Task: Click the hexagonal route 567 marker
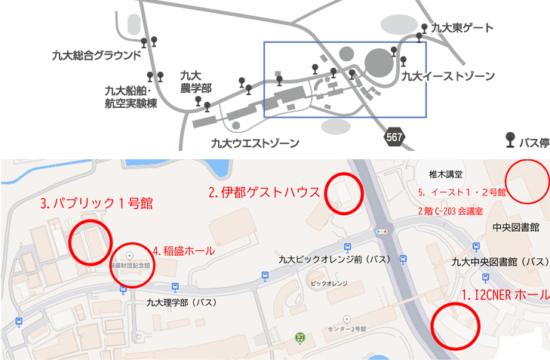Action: coord(394,137)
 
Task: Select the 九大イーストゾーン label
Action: coord(448,76)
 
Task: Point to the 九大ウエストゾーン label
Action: coord(255,143)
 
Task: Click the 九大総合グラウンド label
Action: coord(97,55)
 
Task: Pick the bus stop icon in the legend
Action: coord(510,140)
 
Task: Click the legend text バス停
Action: coord(533,141)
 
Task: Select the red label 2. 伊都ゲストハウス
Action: coord(265,192)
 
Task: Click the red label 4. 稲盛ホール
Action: coord(184,251)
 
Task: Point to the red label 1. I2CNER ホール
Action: coord(505,295)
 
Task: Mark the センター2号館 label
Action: coord(348,329)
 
